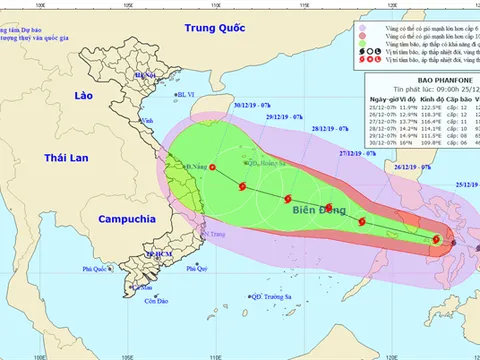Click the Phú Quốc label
[x=96, y=269]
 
